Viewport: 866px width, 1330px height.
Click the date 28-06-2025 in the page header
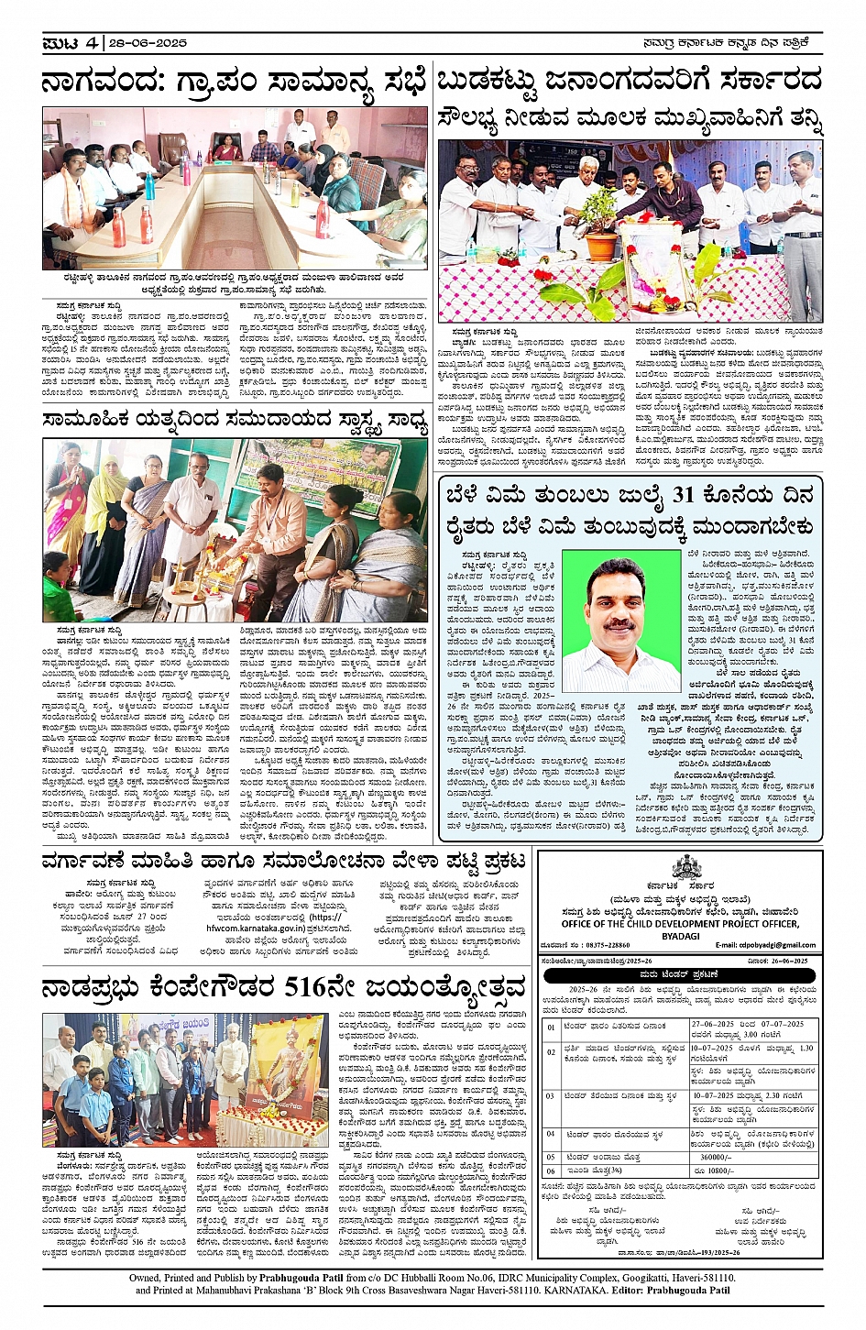[x=149, y=43]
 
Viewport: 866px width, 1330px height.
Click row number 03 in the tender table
[x=551, y=1096]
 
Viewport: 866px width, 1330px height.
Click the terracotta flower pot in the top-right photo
[x=601, y=245]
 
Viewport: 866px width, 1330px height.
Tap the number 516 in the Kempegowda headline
[x=307, y=987]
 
